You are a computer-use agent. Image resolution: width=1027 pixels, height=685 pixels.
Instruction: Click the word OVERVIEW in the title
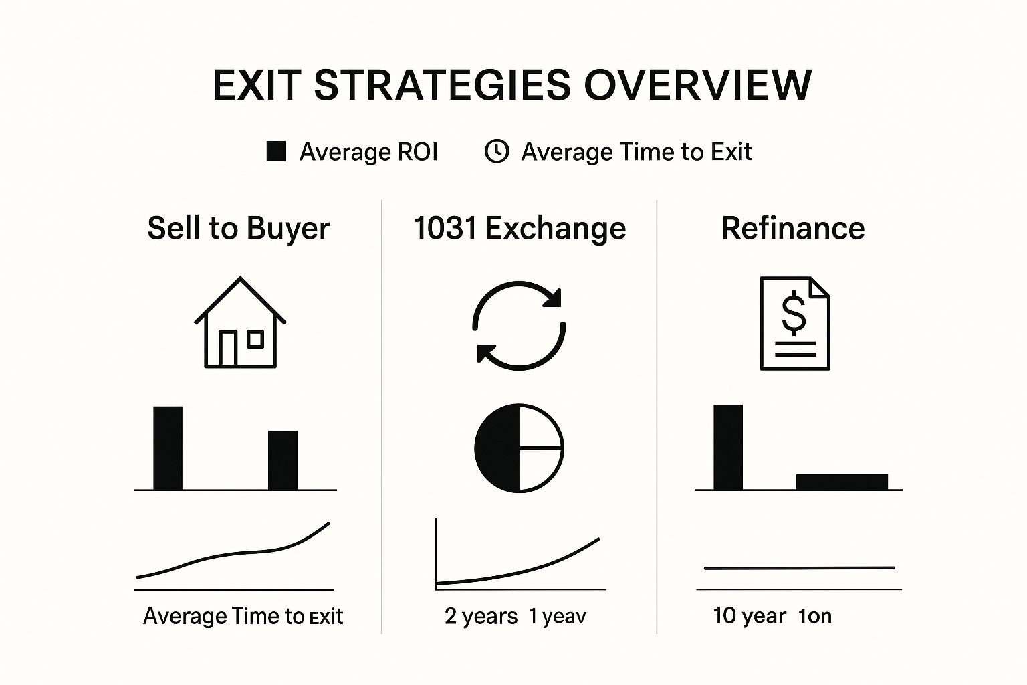click(697, 85)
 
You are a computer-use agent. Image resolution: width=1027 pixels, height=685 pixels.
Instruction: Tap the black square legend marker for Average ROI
click(276, 152)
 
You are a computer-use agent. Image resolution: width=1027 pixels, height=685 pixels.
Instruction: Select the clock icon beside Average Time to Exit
click(496, 152)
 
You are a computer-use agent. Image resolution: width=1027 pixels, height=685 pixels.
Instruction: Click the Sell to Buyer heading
click(239, 229)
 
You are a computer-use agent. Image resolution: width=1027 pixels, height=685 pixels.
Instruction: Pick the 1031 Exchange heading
click(520, 229)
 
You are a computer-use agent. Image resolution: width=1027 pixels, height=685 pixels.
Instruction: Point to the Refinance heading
click(793, 229)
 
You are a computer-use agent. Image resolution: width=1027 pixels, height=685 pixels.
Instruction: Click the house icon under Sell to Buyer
click(240, 323)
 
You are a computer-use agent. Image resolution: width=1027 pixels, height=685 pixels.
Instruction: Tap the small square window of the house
click(255, 339)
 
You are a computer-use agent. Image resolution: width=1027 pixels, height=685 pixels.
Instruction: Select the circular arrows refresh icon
click(519, 326)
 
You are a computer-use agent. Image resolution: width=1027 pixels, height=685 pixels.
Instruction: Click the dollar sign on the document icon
click(794, 314)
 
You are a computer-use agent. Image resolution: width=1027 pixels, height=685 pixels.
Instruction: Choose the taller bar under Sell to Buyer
click(168, 448)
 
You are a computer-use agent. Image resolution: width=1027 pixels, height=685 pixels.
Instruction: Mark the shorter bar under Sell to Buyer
click(283, 460)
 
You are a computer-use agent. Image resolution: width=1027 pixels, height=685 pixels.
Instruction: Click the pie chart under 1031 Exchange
click(519, 448)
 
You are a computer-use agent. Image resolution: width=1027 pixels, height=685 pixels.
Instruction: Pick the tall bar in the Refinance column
click(728, 447)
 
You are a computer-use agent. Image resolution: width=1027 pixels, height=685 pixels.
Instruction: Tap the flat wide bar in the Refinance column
click(842, 482)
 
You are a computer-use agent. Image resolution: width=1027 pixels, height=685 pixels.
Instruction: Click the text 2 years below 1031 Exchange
click(481, 616)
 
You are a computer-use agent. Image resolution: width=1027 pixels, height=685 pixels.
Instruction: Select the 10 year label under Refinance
click(749, 615)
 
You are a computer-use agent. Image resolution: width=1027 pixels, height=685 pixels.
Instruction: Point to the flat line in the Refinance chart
click(799, 568)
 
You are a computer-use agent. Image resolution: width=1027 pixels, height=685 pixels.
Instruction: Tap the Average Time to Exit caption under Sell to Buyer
click(243, 616)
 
